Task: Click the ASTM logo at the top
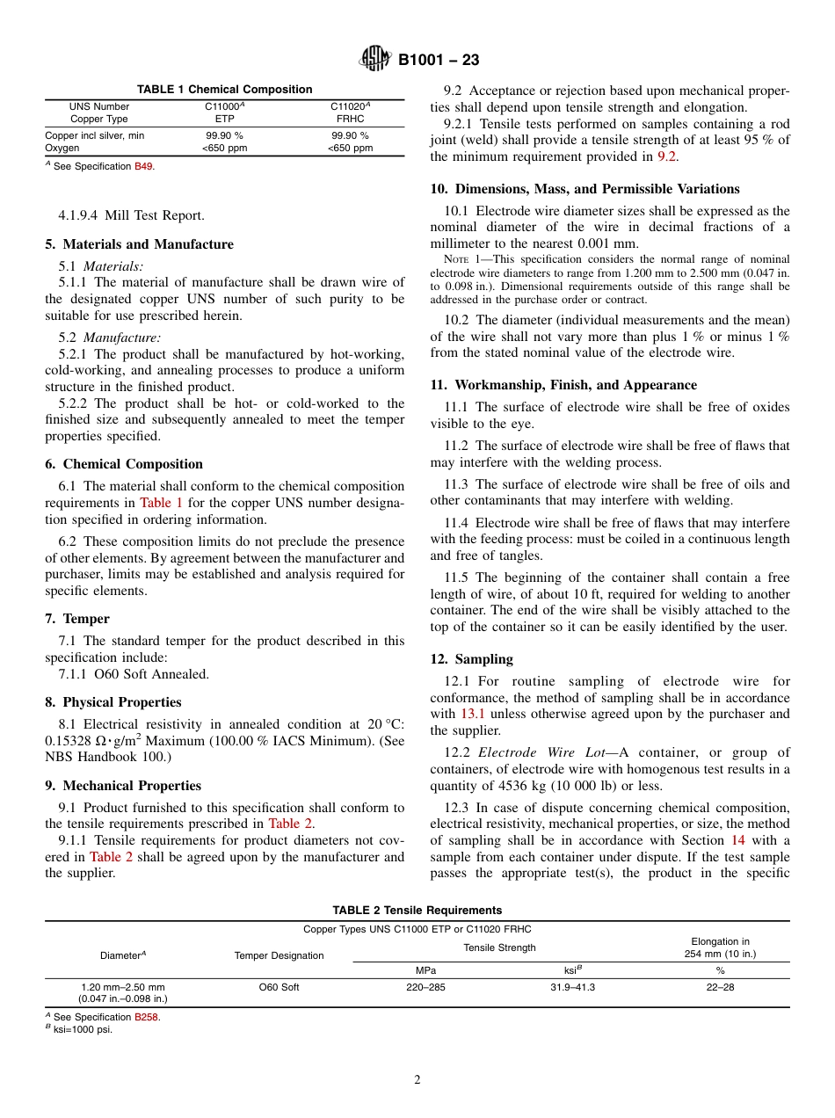(x=376, y=60)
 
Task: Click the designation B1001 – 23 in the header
(x=439, y=61)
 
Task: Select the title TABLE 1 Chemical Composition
(x=224, y=90)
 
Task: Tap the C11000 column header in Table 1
(x=224, y=106)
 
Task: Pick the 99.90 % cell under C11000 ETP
(x=224, y=136)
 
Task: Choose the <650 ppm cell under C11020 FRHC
(x=350, y=149)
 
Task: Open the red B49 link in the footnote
(x=143, y=167)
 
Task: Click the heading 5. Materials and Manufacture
(x=139, y=244)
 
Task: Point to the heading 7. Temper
(x=77, y=619)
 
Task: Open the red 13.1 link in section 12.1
(x=472, y=714)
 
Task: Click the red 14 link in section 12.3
(x=737, y=840)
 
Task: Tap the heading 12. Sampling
(x=471, y=659)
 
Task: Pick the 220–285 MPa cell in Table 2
(x=425, y=987)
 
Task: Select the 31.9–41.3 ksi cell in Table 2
(x=572, y=987)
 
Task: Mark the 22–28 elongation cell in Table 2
(x=720, y=987)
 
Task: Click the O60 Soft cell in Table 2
(x=279, y=987)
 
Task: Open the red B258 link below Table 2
(x=147, y=1017)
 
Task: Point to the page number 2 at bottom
(x=417, y=1080)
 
